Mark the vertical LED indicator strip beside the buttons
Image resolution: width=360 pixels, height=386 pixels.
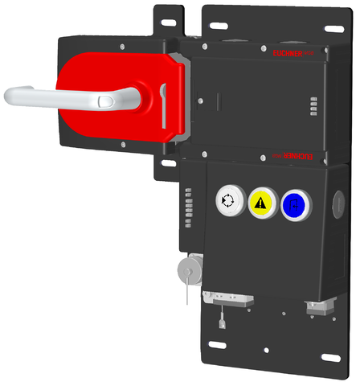(x=188, y=207)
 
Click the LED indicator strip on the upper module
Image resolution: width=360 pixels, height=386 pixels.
(x=313, y=106)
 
